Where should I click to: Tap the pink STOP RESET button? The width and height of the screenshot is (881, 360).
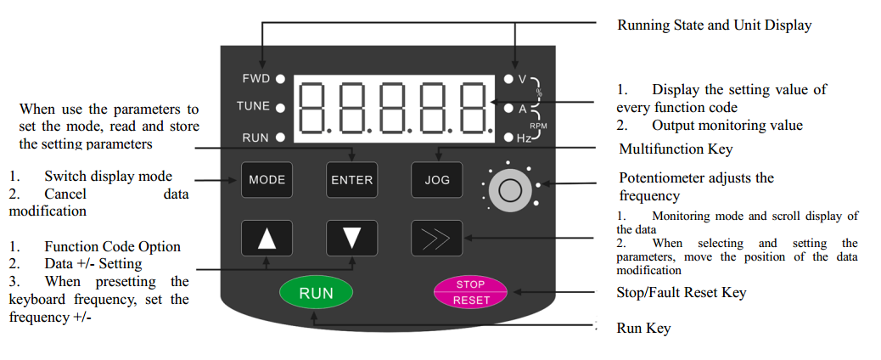(x=469, y=291)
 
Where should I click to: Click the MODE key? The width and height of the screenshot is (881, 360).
(x=267, y=179)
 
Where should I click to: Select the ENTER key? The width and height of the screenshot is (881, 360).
(x=351, y=179)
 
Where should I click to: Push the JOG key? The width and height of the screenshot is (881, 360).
(x=437, y=179)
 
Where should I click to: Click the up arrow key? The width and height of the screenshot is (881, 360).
(x=267, y=239)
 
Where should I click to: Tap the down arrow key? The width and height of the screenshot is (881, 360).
(x=351, y=239)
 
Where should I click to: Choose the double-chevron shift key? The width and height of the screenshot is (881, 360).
(x=437, y=239)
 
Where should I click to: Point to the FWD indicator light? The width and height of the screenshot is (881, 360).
(x=279, y=78)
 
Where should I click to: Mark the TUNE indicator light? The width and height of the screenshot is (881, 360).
(x=279, y=107)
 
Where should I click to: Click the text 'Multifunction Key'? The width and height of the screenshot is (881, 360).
(x=676, y=149)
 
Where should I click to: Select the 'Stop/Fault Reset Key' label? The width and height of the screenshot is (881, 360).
(x=682, y=292)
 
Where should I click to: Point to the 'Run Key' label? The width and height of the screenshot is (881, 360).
(x=643, y=328)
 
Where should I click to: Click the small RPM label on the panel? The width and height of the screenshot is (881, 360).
(x=538, y=124)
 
